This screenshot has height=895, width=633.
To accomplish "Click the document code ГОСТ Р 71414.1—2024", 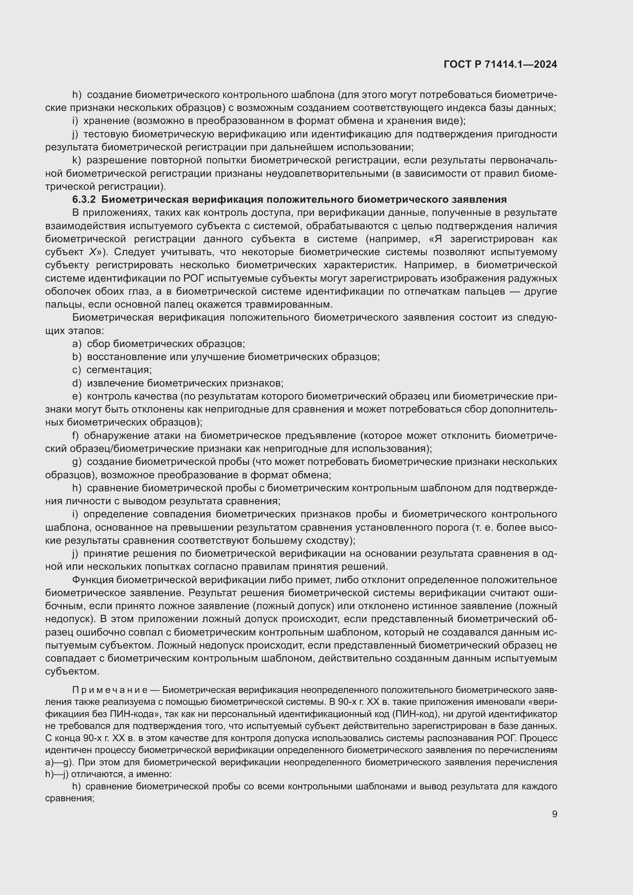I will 500,65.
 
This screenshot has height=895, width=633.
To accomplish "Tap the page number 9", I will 554,814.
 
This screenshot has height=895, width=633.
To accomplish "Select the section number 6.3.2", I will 84,200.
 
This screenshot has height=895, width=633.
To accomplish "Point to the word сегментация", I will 119,370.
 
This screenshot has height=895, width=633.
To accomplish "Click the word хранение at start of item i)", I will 106,121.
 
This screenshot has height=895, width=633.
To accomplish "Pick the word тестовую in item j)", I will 106,134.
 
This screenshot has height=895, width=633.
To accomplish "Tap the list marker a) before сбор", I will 77,344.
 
